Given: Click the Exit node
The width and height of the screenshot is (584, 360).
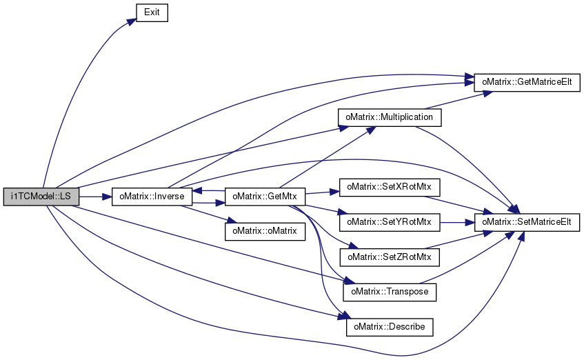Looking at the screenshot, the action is pos(152,12).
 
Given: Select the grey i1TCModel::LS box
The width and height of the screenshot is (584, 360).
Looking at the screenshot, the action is pos(41,197).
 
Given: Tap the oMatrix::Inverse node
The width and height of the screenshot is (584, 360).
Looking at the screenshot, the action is pos(152,197).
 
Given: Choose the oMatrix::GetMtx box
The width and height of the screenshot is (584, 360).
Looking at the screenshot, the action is pos(265,197).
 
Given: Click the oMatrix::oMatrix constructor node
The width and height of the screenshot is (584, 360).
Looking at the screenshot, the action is pos(265,231).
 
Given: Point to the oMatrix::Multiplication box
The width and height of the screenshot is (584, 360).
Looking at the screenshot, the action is pos(390,117).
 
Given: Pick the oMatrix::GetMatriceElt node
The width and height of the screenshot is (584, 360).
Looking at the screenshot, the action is pos(527,82).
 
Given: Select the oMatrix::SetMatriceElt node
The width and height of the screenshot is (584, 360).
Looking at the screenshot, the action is pos(527,222).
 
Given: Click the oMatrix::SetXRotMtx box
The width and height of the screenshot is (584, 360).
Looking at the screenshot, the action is pos(390,187).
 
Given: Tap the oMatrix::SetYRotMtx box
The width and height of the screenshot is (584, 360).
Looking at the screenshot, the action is pos(390,222).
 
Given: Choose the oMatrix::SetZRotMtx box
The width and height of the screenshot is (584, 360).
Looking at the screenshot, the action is pos(390,257).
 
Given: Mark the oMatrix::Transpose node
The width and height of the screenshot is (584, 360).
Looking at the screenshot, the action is pos(390,292).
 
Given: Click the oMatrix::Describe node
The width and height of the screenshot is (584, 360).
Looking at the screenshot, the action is pos(390,327).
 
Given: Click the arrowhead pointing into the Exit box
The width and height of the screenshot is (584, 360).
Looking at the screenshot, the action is pos(132,21).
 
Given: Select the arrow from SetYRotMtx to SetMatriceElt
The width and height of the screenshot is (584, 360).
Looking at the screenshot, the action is pos(457,223).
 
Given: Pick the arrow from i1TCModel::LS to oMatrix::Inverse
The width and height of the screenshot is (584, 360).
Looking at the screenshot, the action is pos(95,197).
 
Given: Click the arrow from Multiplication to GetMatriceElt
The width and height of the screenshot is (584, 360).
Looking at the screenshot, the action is pos(459,100).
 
